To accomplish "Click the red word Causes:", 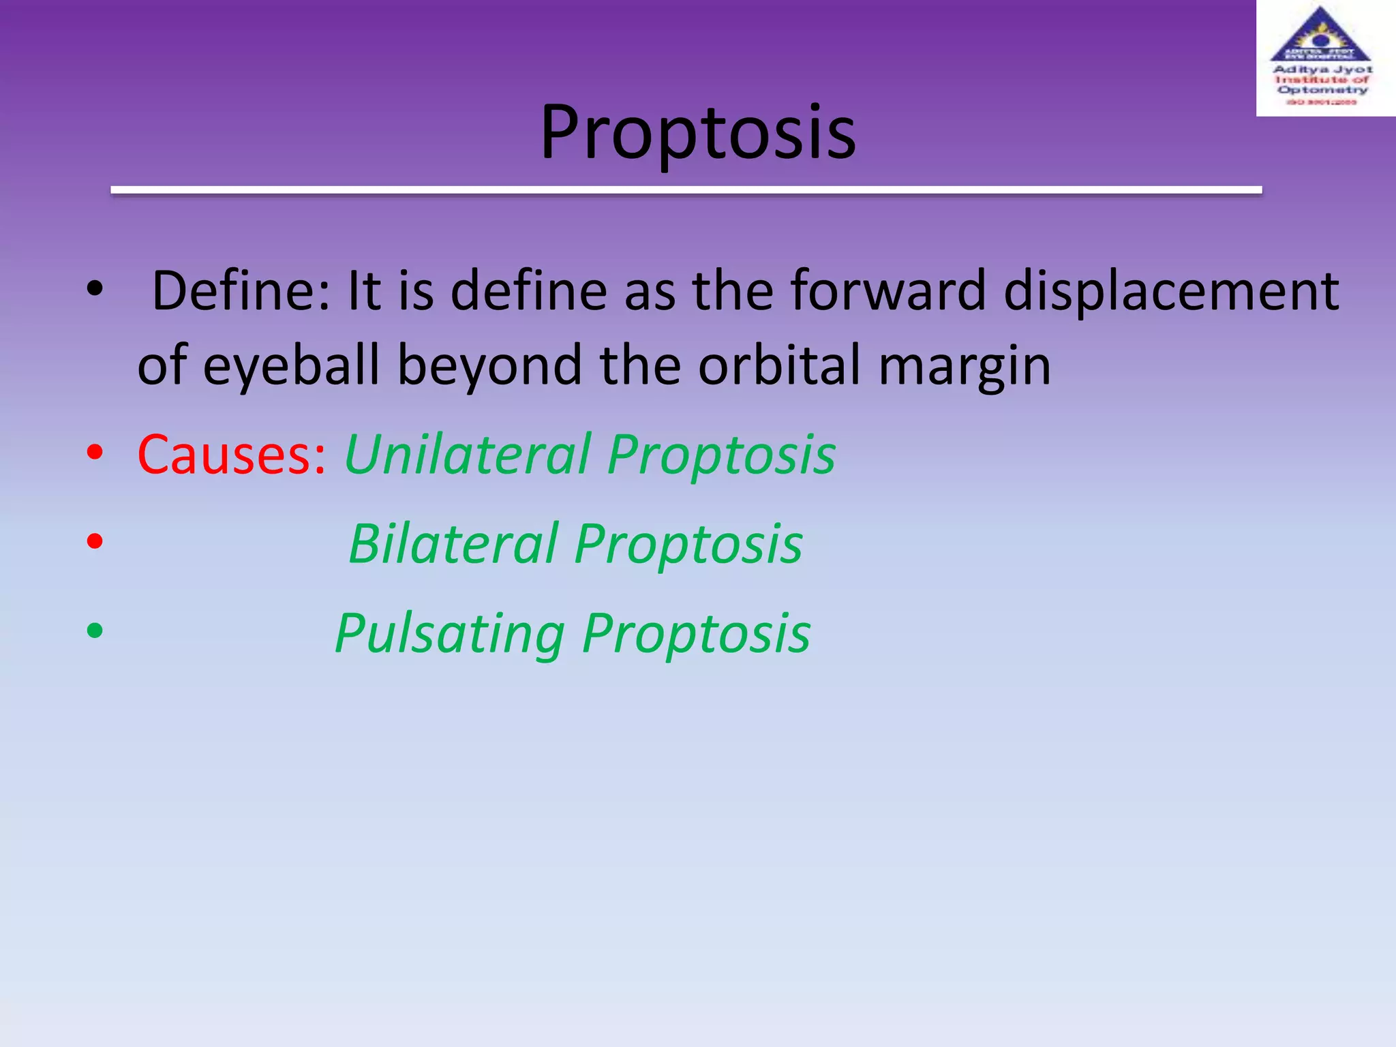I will tap(232, 455).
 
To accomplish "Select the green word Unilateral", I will tap(468, 455).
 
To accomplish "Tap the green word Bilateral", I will tap(453, 544).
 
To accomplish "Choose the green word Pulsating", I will tap(450, 635).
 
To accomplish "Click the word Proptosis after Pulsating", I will tap(696, 635).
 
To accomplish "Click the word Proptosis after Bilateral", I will tap(688, 544).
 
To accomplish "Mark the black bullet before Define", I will tap(95, 289).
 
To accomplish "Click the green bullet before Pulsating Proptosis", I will tap(95, 631).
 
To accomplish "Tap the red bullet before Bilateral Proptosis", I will tap(95, 541).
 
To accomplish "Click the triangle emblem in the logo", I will tap(1320, 35).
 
